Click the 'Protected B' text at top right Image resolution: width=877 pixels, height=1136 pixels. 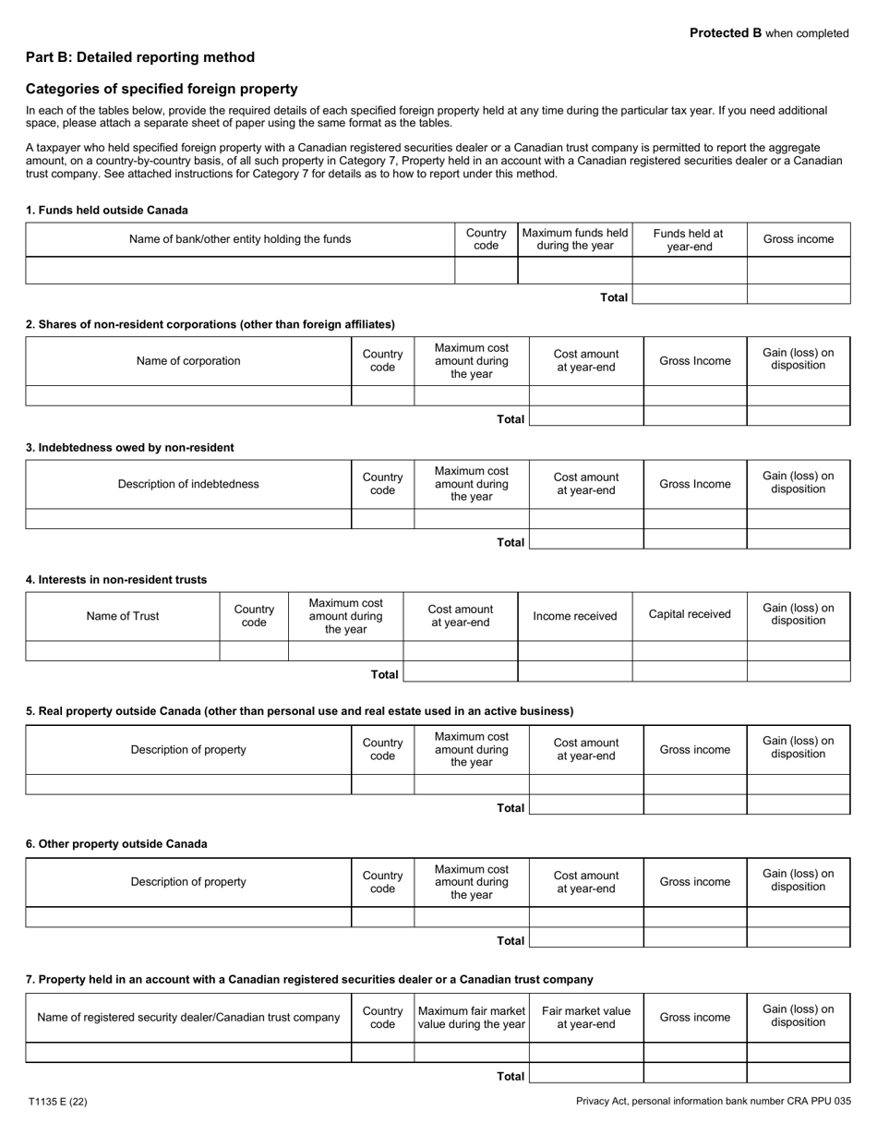point(726,33)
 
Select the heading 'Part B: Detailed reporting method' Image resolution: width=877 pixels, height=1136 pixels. point(140,57)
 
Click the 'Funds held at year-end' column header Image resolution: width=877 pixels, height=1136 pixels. point(689,240)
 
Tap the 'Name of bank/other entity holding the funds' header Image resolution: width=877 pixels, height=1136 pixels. point(240,239)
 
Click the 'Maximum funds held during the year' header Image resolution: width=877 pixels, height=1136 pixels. point(575,239)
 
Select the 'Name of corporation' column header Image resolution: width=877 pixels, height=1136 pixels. point(188,361)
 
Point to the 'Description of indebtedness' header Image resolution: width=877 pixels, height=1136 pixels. point(188,484)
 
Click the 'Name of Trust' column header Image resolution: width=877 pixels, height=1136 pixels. point(123,616)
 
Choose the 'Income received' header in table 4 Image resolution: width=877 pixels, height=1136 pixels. point(575,616)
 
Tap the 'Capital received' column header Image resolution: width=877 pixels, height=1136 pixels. point(690,614)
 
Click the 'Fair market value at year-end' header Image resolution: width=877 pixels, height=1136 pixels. point(586,1018)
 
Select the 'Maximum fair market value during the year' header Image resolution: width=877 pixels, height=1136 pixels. point(472,1018)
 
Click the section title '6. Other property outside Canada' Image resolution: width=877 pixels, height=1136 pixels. point(116,844)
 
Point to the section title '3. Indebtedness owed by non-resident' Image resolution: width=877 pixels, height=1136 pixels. point(130,448)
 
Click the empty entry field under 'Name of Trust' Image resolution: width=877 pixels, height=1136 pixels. point(123,651)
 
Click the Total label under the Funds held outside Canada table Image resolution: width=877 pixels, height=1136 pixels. point(614,297)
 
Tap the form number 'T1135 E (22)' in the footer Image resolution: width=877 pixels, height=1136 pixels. point(58,1102)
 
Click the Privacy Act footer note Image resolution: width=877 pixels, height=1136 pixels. point(713,1102)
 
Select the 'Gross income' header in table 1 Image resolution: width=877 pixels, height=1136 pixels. point(799,239)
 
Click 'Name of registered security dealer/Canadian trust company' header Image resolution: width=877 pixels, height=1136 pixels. point(188,1018)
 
